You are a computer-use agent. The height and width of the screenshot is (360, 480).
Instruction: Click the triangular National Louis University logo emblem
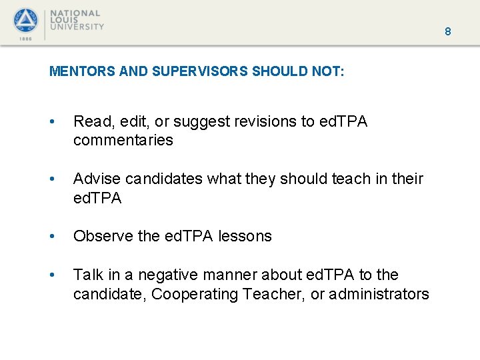(x=26, y=21)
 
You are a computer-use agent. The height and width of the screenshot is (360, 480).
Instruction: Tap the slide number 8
(x=448, y=31)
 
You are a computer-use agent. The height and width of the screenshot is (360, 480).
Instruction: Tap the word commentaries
(x=123, y=140)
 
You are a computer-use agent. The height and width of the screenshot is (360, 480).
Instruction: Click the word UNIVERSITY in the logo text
(x=79, y=27)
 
